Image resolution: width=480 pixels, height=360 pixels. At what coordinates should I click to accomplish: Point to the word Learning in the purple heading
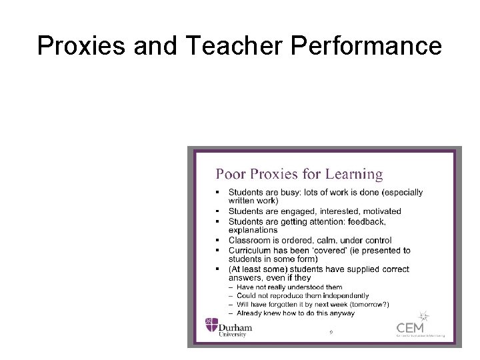click(x=353, y=175)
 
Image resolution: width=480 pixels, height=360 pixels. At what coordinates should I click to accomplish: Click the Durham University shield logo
click(x=211, y=327)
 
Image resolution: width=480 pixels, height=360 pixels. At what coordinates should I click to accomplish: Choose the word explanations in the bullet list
click(x=253, y=230)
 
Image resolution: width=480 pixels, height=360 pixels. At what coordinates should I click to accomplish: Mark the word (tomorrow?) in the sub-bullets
click(x=365, y=304)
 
